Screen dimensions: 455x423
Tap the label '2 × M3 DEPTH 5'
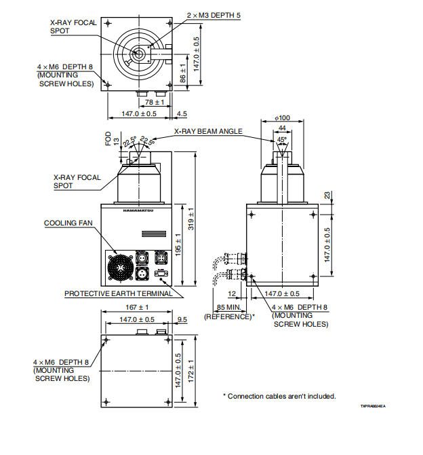pyautogui.click(x=214, y=15)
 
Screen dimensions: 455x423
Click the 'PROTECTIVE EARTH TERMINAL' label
pyautogui.click(x=113, y=294)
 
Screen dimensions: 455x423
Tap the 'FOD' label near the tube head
pyautogui.click(x=108, y=139)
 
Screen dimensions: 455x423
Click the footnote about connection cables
pyautogui.click(x=279, y=396)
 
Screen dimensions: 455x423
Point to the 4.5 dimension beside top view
pyautogui.click(x=182, y=113)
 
